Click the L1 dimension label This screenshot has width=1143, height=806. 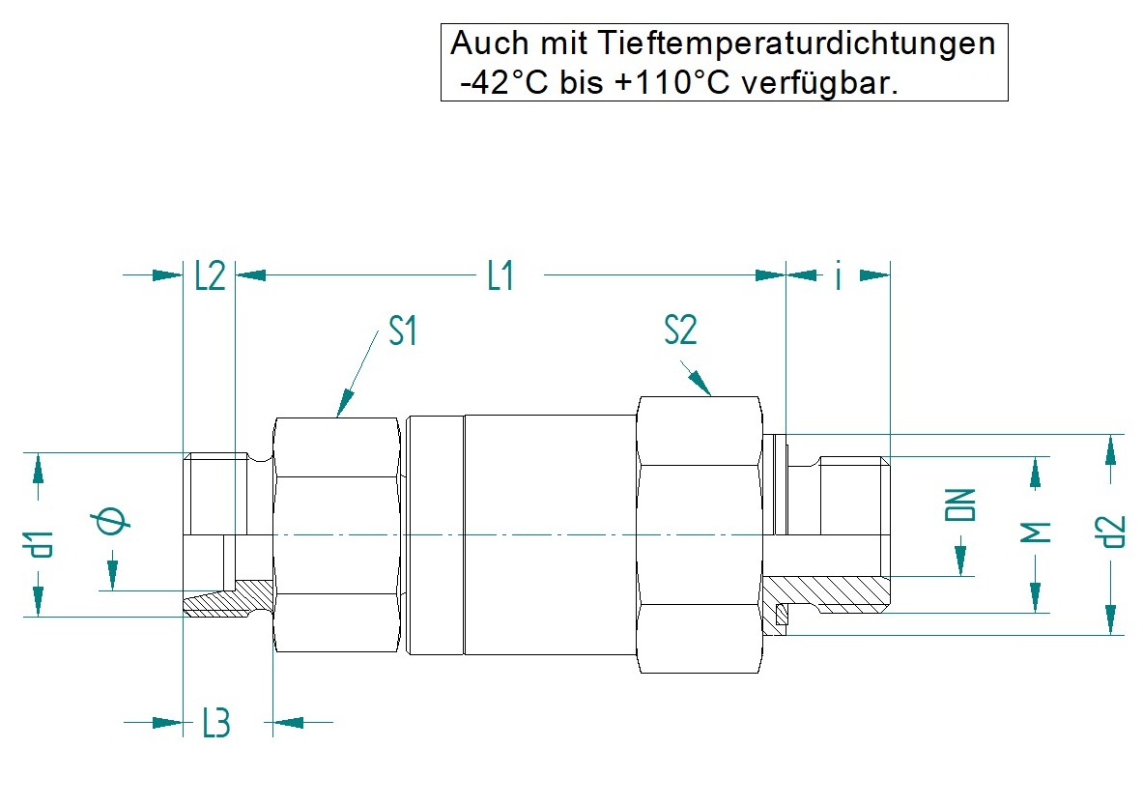point(500,276)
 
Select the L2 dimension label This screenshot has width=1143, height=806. point(210,276)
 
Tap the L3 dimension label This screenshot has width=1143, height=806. point(216,723)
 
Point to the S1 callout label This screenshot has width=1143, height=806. point(403,331)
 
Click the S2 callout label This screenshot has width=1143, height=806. point(681,329)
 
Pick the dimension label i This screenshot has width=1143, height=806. point(839,275)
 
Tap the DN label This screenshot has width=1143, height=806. point(960,504)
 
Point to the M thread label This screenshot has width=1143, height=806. point(1035,533)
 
